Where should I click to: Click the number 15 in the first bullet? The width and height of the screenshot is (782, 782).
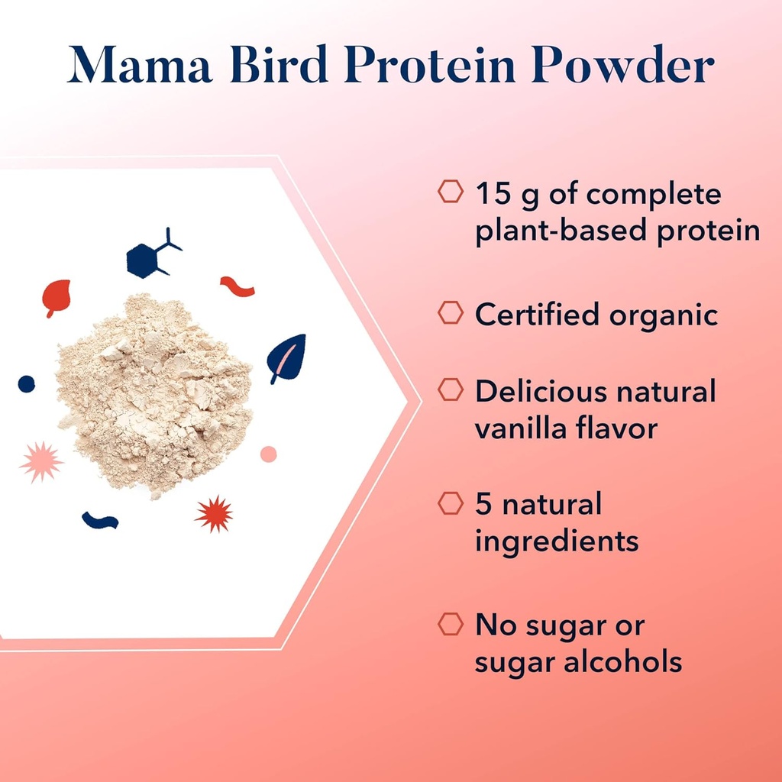tap(493, 194)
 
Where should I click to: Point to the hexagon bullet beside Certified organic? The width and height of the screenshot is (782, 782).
tap(451, 313)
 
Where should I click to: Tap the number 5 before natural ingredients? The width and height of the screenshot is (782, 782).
tap(484, 504)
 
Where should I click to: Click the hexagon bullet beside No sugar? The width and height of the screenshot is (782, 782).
tap(451, 624)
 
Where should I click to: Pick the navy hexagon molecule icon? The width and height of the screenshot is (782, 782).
tap(150, 257)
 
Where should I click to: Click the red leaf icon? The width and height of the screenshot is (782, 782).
tap(56, 297)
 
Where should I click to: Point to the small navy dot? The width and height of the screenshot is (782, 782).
tap(27, 383)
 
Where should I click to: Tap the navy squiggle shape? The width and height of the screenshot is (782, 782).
tap(100, 521)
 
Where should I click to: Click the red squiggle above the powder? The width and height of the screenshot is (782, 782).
tap(237, 286)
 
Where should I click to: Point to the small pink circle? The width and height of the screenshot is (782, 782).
tap(268, 454)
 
